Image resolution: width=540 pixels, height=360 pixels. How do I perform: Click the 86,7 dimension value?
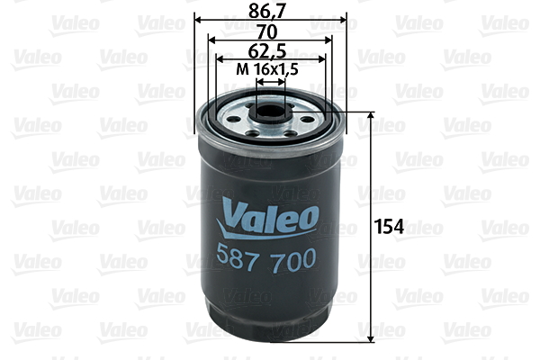pyautogui.click(x=270, y=11)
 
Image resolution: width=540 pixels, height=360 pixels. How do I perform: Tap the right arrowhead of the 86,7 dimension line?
pyautogui.click(x=342, y=20)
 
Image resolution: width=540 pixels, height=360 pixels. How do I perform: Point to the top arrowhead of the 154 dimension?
pyautogui.click(x=371, y=117)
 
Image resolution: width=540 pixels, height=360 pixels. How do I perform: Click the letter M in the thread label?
pyautogui.click(x=241, y=68)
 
